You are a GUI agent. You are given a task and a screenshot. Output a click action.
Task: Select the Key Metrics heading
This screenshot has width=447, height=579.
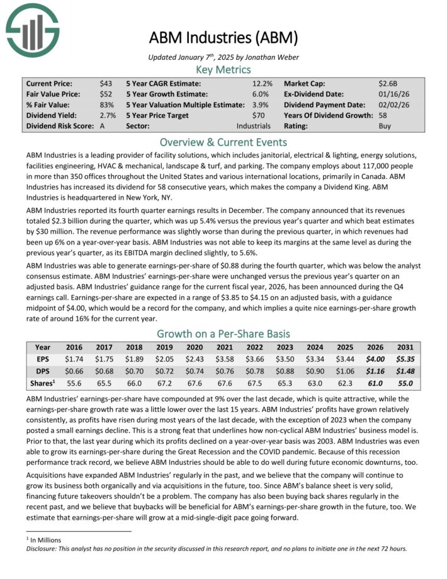tap(223, 69)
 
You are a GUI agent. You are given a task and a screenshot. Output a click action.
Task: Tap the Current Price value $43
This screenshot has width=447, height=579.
tap(106, 83)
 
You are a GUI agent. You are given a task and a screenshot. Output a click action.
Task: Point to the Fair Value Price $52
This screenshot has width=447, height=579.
tap(106, 94)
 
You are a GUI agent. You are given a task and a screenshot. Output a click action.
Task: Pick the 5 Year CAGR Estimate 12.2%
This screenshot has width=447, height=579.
tap(263, 83)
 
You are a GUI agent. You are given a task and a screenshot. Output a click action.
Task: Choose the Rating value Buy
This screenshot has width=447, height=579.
tap(385, 126)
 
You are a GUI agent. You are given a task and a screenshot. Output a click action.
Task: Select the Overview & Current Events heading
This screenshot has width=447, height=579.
tap(223, 142)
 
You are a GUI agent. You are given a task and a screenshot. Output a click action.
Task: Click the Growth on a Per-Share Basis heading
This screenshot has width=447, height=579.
tap(223, 333)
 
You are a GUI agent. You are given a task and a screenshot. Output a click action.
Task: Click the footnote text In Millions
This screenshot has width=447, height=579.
tap(47, 540)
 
